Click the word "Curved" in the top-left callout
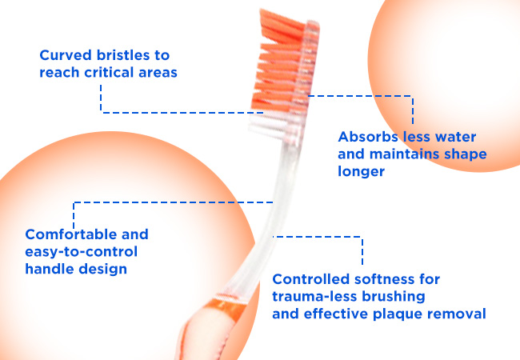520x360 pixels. tap(66, 55)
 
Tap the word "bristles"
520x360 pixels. tap(123, 55)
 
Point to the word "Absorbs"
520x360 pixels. tap(368, 137)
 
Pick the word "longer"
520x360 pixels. tap(361, 172)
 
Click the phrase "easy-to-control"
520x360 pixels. tap(82, 252)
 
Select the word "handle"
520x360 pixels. tap(50, 269)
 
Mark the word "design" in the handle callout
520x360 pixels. tap(103, 270)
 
